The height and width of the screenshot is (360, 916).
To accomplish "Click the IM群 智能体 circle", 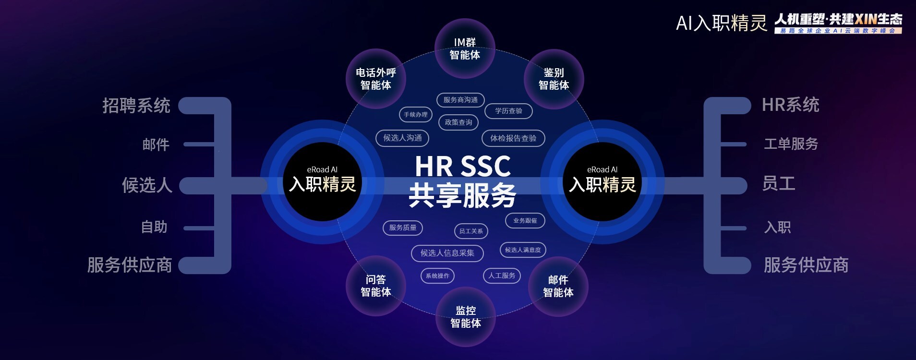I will [465, 48].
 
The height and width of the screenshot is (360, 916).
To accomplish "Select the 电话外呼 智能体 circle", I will [376, 79].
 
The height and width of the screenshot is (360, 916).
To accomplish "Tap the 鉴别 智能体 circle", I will [554, 79].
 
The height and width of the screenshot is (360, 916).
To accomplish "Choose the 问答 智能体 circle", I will [376, 286].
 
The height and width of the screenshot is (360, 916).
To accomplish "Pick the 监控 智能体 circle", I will [465, 317].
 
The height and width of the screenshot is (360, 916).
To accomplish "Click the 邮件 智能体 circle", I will [558, 286].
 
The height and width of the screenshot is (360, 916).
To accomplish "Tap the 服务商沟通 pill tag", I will [460, 100].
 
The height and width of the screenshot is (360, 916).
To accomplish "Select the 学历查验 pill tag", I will [508, 111].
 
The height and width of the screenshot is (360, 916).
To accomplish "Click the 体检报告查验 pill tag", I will [513, 138].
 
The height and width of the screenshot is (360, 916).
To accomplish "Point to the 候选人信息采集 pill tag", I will [447, 253].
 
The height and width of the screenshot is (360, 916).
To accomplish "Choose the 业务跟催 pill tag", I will [525, 221].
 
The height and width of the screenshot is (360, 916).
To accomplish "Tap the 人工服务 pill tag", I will [502, 276].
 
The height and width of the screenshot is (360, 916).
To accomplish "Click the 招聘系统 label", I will [136, 106].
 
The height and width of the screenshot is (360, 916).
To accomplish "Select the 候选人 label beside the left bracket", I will [147, 185].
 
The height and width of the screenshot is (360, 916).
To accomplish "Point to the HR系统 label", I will [790, 105].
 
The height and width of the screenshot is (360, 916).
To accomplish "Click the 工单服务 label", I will [791, 144].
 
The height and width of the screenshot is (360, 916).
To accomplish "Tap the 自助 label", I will [154, 227].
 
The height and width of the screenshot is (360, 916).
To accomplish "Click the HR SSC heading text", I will [462, 167].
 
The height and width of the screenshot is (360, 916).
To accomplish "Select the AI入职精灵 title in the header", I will [721, 23].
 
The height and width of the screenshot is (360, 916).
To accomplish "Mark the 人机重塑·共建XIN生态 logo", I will [838, 23].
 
